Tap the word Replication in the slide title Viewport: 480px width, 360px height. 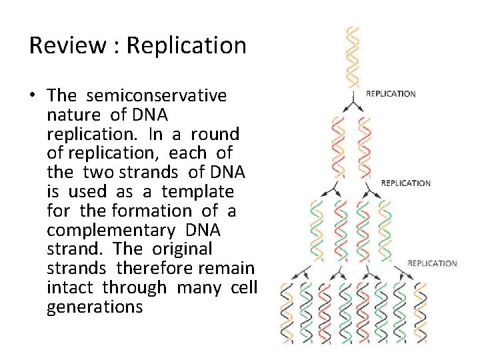[x=186, y=45]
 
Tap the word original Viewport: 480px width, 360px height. [x=182, y=249]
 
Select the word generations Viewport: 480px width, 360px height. [x=95, y=307]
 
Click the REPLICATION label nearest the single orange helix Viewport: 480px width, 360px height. [x=391, y=94]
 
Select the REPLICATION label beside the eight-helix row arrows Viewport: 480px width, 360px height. [x=432, y=263]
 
